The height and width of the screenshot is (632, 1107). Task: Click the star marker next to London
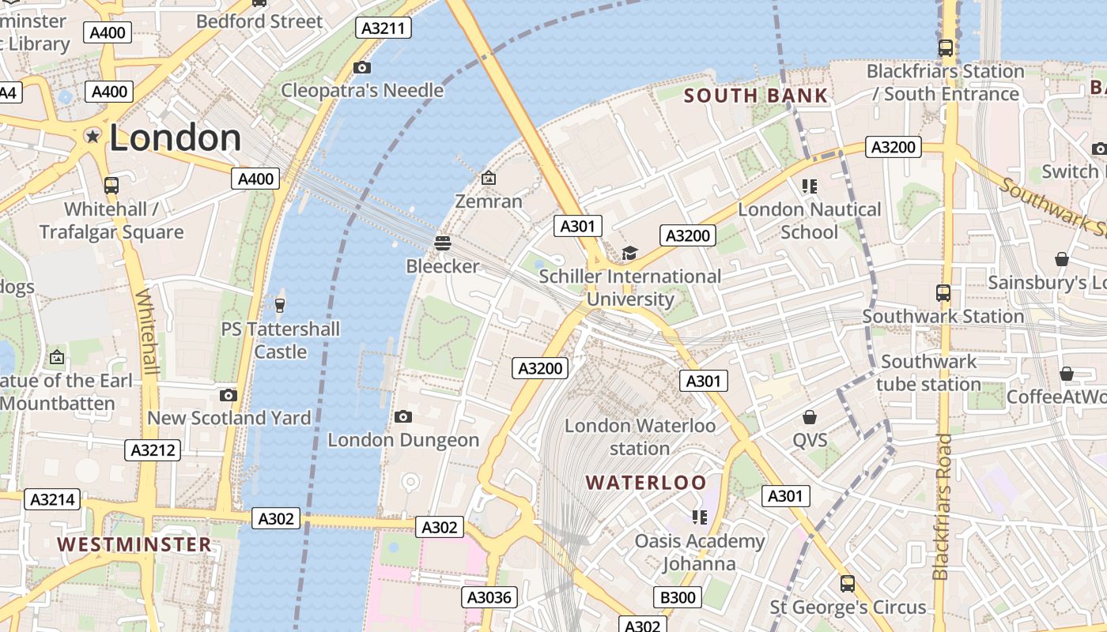pyautogui.click(x=93, y=137)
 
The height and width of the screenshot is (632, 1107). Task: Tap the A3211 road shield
pyautogui.click(x=383, y=28)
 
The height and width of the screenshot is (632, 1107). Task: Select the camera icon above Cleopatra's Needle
pyautogui.click(x=362, y=67)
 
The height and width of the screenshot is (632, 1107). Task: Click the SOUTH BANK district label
pyautogui.click(x=755, y=96)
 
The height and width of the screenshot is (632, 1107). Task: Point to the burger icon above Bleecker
pyautogui.click(x=442, y=243)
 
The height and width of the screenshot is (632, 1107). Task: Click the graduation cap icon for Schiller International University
pyautogui.click(x=629, y=253)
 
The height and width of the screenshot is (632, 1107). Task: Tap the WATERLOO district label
pyautogui.click(x=646, y=482)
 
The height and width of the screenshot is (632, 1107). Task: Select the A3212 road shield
pyautogui.click(x=153, y=450)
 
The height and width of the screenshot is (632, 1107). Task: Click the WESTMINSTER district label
pyautogui.click(x=134, y=544)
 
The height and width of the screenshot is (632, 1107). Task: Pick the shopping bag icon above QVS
pyautogui.click(x=809, y=416)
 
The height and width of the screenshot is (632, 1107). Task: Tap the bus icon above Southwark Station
pyautogui.click(x=943, y=292)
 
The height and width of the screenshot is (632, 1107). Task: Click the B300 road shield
pyautogui.click(x=678, y=597)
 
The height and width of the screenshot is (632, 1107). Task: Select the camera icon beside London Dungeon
pyautogui.click(x=402, y=416)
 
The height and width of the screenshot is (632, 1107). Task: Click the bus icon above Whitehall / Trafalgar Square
pyautogui.click(x=111, y=186)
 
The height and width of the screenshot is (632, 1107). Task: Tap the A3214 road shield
pyautogui.click(x=54, y=499)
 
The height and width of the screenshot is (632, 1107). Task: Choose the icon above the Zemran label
pyautogui.click(x=489, y=178)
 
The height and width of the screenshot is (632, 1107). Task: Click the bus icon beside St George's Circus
pyautogui.click(x=847, y=584)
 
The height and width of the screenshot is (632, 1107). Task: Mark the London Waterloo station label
pyautogui.click(x=640, y=437)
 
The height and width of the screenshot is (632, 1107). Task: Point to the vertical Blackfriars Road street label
pyautogui.click(x=941, y=506)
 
